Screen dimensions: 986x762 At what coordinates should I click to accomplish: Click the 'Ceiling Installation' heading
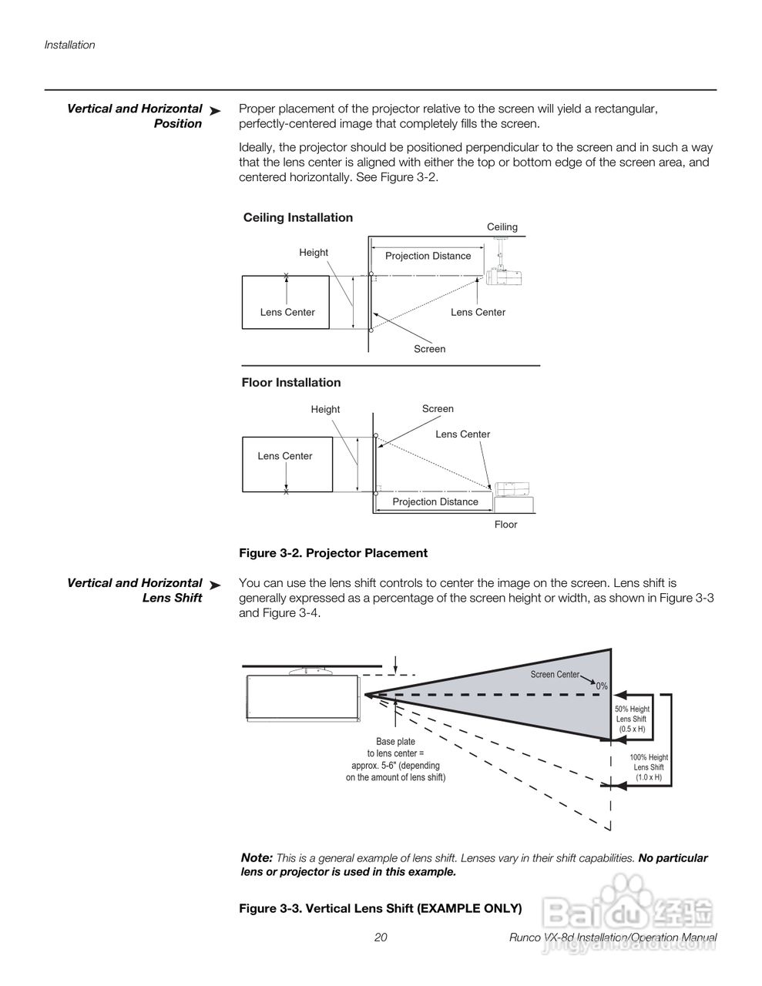pos(297,217)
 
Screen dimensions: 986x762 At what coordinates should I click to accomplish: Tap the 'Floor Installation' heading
pos(290,382)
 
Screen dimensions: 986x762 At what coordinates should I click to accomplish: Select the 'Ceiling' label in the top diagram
pos(502,227)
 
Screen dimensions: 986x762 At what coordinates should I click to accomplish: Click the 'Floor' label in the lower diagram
pos(505,525)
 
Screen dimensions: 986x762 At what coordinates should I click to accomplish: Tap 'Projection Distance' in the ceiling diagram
pos(428,256)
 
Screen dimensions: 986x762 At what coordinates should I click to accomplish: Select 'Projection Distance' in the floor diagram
pos(435,501)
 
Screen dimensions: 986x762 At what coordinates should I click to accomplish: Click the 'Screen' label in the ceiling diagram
pos(429,349)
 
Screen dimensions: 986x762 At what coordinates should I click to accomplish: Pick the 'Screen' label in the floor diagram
pos(438,409)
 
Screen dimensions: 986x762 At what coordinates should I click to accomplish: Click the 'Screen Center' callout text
pos(554,675)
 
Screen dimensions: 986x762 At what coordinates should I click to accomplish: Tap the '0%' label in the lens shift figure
pos(602,686)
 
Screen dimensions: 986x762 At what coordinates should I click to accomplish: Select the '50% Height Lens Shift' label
pos(632,719)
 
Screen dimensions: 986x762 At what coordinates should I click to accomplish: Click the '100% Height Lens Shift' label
pos(649,767)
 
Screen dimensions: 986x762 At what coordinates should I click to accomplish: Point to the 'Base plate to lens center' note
pos(395,760)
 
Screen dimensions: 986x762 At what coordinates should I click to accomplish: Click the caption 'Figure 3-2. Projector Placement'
pos(333,553)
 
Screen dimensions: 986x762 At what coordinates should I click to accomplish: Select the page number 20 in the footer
pos(381,937)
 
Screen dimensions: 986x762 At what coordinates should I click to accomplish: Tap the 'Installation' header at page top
pos(69,45)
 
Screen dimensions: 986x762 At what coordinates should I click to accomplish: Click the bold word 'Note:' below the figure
pos(257,857)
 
